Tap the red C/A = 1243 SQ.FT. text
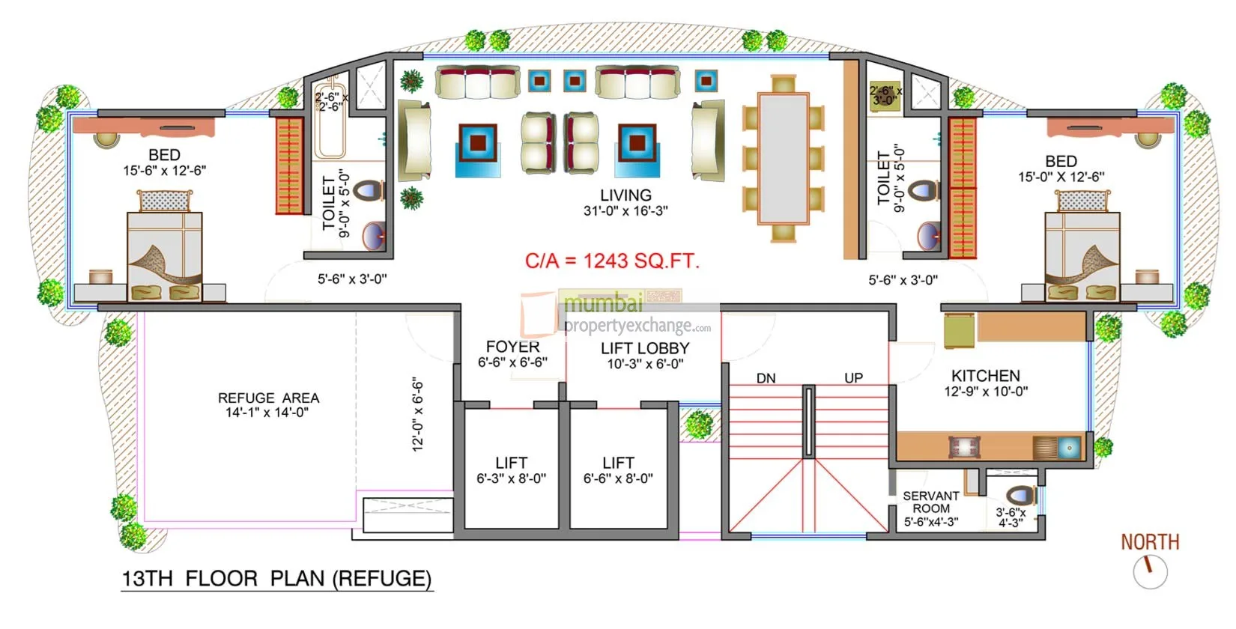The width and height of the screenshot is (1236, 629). point(612,261)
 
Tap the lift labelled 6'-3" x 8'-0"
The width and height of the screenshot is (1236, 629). point(511,470)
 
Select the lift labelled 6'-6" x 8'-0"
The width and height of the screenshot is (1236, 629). point(618,470)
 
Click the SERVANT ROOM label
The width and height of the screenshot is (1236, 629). point(930,502)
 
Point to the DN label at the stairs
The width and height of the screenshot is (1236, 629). point(766,378)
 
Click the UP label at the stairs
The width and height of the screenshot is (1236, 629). point(853,378)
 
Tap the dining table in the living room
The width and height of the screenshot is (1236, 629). point(783,158)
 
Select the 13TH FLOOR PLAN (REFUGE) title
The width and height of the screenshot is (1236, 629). point(276,579)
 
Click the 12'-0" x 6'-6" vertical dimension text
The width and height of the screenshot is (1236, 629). point(418,414)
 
